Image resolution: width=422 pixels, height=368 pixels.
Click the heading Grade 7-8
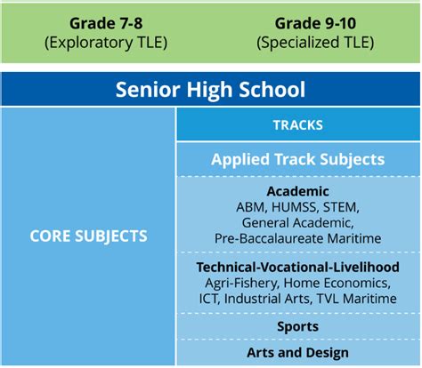point(106,23)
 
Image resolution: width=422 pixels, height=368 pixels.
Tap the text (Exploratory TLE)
point(106,43)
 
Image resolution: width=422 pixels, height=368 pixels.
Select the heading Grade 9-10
point(315,23)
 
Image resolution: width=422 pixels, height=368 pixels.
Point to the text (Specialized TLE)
point(315,43)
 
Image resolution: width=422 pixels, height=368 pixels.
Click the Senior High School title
point(210,89)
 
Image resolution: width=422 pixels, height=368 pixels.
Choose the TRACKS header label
point(298,125)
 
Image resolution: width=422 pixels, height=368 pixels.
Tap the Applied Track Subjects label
point(298,159)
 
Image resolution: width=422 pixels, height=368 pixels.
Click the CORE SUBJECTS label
point(88,236)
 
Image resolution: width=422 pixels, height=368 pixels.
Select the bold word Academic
point(298,191)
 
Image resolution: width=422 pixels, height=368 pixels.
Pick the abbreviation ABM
point(248,207)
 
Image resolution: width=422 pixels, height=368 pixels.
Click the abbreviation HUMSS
point(293,207)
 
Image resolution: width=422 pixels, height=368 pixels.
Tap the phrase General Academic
point(298,223)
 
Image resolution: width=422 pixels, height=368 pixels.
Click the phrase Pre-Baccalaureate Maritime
point(298,238)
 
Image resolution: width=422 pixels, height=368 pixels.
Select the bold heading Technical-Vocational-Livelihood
point(298,267)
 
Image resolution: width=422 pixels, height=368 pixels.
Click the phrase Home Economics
point(337,283)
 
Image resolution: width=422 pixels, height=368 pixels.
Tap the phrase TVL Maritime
point(357,299)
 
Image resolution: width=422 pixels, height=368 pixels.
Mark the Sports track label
point(298,326)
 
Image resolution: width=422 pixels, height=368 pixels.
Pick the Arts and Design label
point(298,353)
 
